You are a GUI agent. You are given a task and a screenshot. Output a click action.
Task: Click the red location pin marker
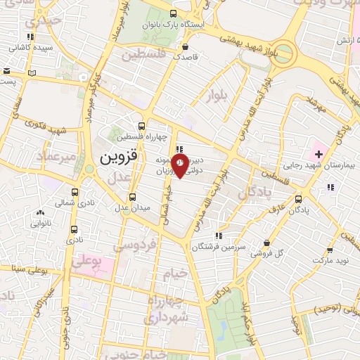(x=181, y=165)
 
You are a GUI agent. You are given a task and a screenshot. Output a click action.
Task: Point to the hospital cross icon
(x=318, y=153)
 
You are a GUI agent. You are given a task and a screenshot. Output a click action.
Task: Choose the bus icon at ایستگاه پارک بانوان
(x=174, y=14)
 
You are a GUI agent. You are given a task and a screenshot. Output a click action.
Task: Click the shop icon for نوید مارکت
(x=330, y=250)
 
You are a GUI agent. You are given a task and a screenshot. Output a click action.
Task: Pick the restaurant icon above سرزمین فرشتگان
(x=219, y=236)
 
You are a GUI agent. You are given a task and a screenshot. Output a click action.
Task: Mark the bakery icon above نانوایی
(x=39, y=213)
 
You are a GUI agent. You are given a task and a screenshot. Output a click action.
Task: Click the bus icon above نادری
(x=75, y=229)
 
